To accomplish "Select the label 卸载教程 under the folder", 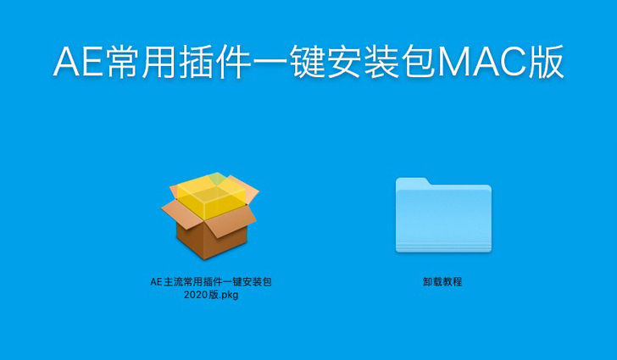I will coord(442,282).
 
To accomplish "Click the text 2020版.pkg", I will coord(210,295).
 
